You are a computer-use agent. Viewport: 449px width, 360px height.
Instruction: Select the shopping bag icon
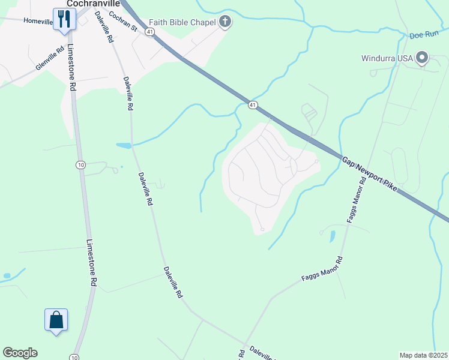point(56,319)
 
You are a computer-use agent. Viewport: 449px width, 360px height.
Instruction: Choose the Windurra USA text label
point(388,58)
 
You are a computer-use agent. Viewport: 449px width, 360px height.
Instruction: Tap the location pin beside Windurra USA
point(421,58)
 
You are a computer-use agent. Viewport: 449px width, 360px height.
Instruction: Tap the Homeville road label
point(38,21)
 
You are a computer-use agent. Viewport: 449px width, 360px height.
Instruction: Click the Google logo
point(20,353)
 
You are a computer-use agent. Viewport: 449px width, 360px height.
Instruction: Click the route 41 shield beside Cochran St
point(150,31)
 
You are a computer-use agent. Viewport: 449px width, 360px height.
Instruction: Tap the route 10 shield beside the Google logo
point(73,357)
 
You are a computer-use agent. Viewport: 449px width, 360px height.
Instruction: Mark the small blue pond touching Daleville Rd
point(123,145)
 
